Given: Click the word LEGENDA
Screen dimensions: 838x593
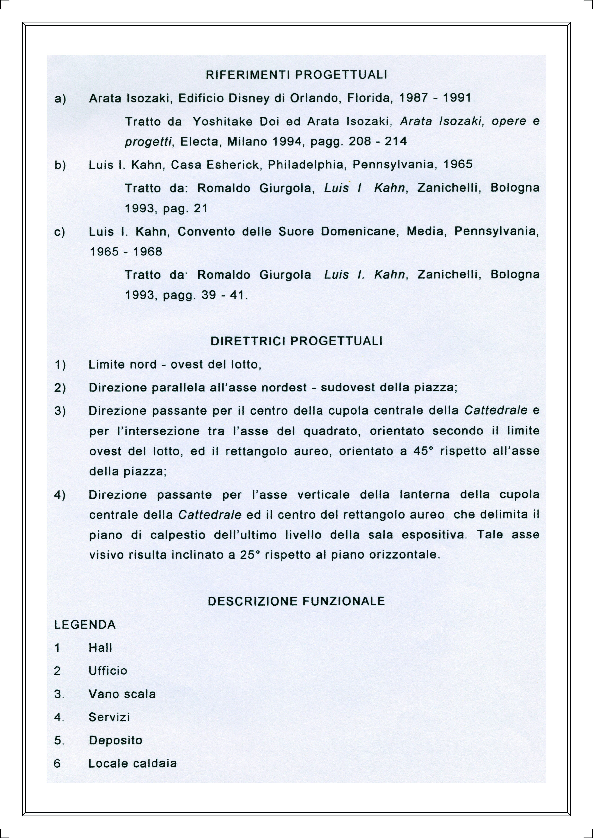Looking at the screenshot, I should pyautogui.click(x=85, y=625).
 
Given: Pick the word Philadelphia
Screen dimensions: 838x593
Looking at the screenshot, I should pyautogui.click(x=307, y=165).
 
